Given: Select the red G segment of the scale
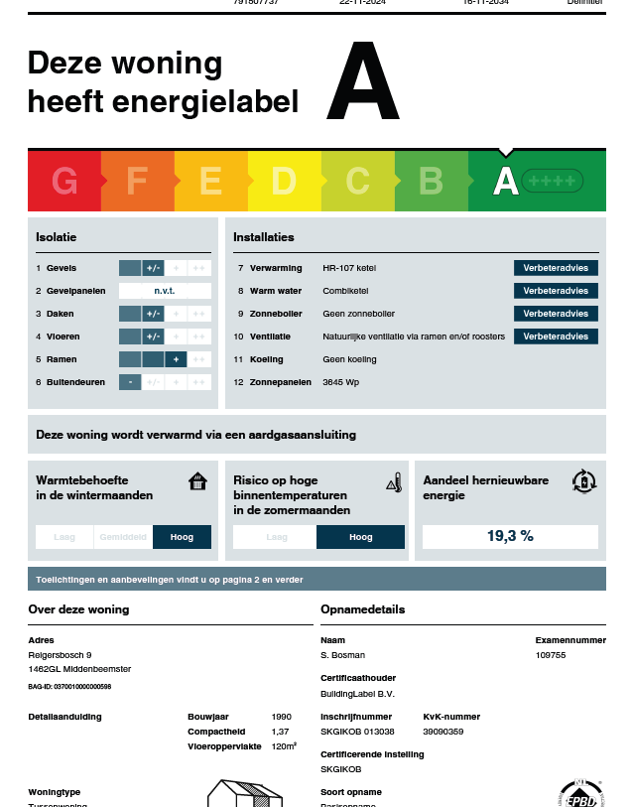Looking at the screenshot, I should point(64,182).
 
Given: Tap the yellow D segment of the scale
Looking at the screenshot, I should point(284,182).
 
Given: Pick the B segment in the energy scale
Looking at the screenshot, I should point(431,182).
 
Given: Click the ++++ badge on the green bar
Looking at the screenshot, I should point(553,181).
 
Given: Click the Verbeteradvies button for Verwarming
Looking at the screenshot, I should point(556,268).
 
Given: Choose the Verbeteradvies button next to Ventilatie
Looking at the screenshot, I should point(556,336).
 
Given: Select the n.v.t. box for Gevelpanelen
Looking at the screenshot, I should point(165,291).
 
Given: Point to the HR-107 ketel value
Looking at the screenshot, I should point(349,268).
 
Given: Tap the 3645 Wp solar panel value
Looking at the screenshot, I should point(341,382).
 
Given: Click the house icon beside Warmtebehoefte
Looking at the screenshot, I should point(198,481).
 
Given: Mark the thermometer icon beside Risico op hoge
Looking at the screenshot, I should point(394,482).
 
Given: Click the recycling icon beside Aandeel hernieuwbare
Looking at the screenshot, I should point(584,481).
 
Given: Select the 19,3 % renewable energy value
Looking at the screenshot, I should point(510,537).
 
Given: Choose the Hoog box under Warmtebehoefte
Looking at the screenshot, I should point(183,537).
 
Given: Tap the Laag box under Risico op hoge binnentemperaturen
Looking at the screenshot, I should point(276,537).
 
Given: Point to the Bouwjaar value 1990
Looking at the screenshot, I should point(282,717).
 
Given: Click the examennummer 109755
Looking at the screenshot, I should point(551,655).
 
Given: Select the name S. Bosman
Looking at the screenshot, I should point(342,655).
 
